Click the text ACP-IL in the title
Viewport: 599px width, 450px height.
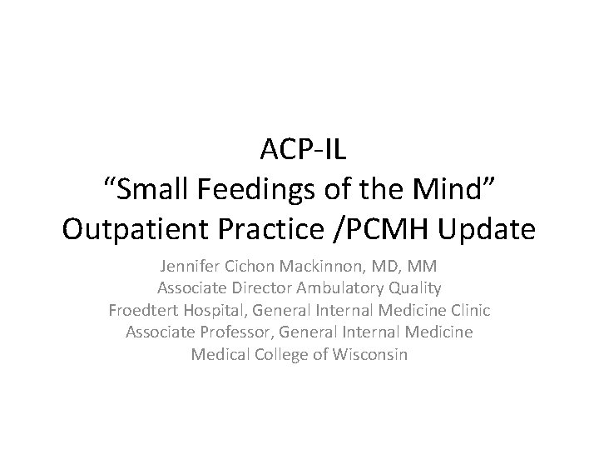(x=299, y=152)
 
